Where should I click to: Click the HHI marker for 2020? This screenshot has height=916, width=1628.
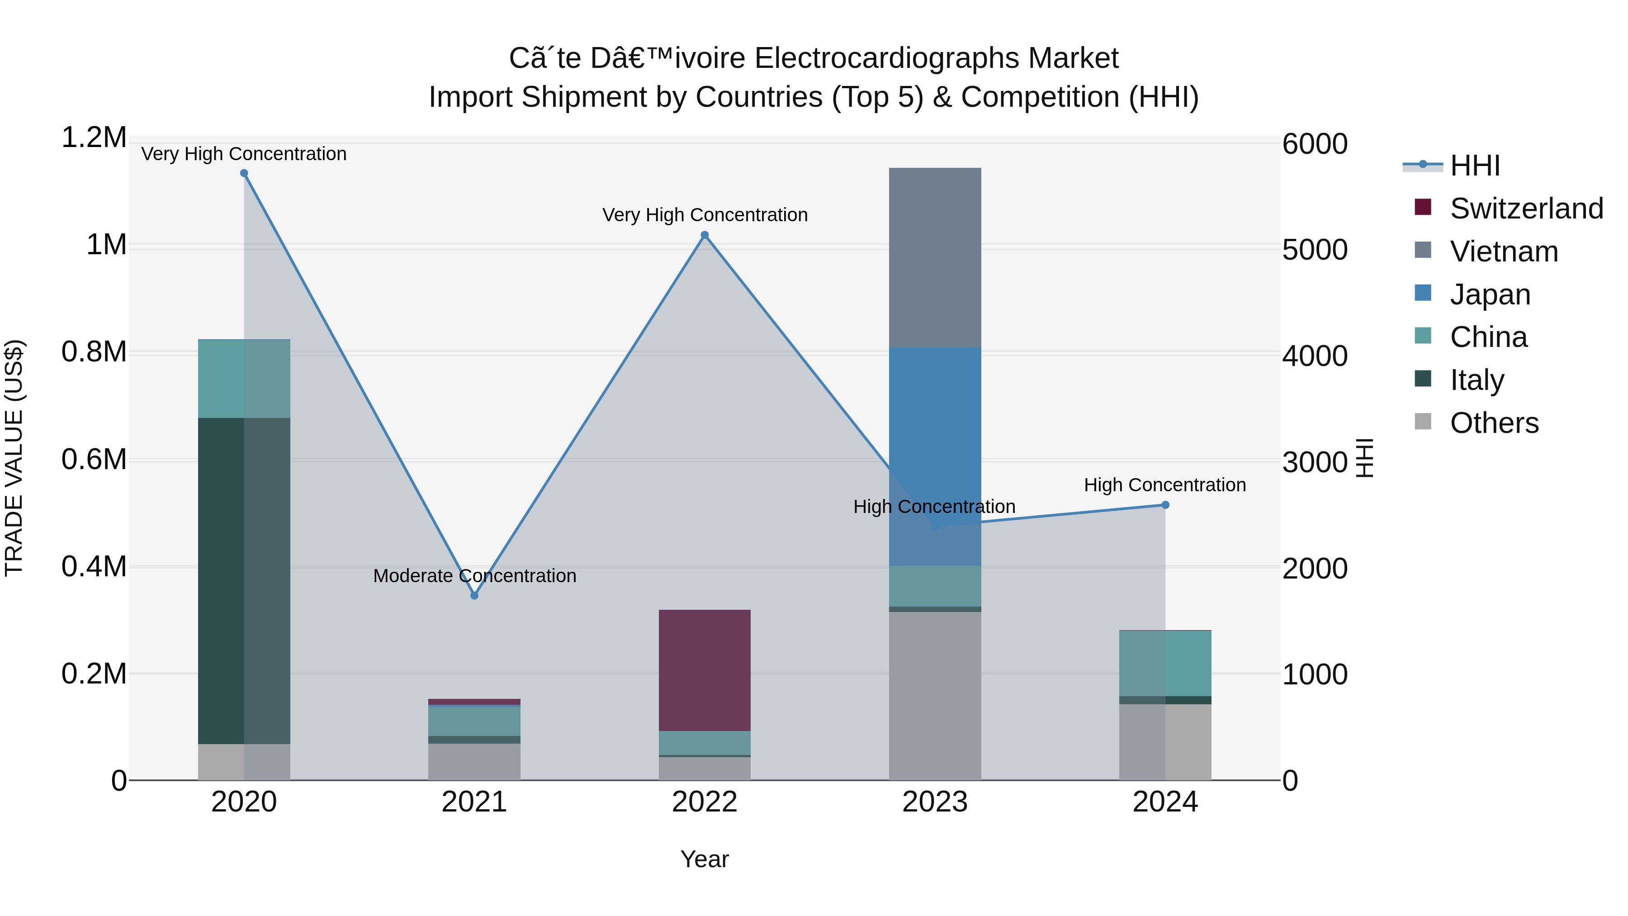(244, 173)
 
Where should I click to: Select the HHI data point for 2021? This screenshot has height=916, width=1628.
(475, 595)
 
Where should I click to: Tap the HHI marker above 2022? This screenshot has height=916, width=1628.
(705, 235)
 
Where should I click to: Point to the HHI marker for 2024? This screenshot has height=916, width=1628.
(1165, 505)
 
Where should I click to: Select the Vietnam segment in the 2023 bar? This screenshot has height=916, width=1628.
(935, 257)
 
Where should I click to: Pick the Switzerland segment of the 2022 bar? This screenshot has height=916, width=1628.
(705, 670)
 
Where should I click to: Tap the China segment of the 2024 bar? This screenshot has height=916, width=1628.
(1165, 663)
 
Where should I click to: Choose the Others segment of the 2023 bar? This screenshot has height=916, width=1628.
(935, 695)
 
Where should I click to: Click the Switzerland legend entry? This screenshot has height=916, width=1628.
(1526, 209)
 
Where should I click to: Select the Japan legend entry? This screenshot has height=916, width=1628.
(1490, 294)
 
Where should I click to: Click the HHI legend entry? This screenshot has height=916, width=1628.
(1474, 166)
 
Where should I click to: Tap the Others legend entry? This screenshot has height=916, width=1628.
(1494, 423)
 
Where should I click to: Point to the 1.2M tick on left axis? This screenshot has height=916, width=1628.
(94, 138)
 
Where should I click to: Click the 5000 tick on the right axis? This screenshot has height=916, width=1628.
(1315, 250)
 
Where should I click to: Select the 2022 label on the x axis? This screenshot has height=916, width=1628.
(705, 802)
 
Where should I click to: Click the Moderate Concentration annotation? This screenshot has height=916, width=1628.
(475, 576)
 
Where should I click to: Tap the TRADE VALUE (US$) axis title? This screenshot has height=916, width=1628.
(14, 458)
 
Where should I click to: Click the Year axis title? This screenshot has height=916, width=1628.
(705, 859)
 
